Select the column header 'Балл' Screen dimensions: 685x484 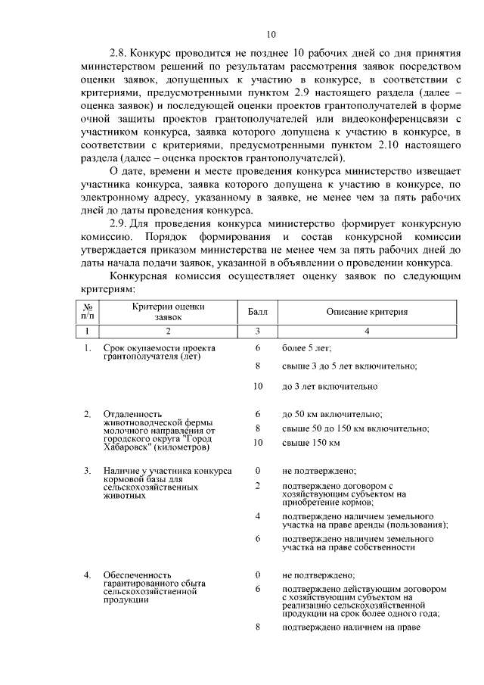pos(257,312)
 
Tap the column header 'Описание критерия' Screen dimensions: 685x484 pos(367,312)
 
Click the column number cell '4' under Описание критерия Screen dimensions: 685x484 pos(367,331)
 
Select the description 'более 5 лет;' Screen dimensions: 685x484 pos(306,348)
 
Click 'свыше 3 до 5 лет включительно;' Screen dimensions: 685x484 pos(349,366)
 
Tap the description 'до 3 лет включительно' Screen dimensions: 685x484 pos(329,386)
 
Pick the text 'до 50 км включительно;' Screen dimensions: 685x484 pos(331,415)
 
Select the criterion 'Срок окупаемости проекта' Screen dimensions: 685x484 pos(160,348)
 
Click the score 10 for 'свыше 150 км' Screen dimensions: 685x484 pos(257,442)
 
